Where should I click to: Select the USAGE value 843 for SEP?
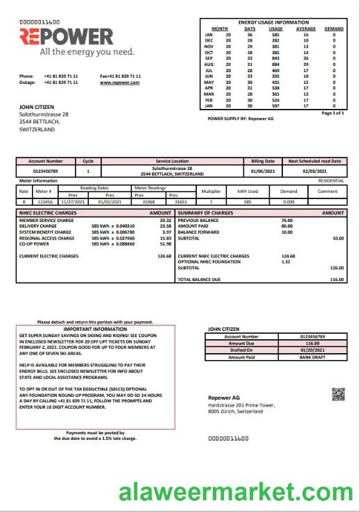275,58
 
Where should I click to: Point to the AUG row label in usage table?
208,64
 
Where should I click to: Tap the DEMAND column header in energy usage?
334,28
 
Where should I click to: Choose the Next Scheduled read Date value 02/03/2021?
314,170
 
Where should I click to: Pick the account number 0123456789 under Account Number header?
46,170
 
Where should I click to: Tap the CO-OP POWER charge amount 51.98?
165,244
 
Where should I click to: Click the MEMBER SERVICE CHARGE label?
46,220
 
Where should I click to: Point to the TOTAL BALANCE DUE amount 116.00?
336,280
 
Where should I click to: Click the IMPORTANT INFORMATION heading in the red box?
95,328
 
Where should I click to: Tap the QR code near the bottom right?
337,395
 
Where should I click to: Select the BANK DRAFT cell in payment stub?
309,357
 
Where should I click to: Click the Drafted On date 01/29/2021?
309,350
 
